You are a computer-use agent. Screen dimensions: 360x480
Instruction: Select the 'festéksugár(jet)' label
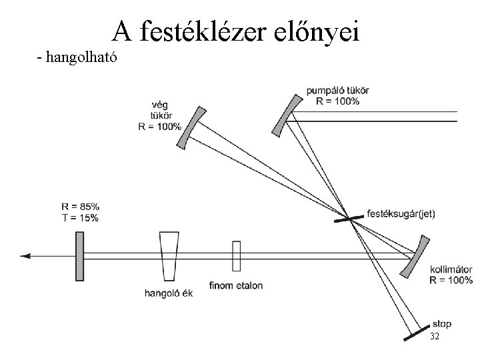(x=401, y=214)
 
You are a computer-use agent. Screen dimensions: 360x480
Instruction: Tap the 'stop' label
(x=441, y=324)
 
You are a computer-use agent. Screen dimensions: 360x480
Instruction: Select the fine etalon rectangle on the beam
(x=236, y=256)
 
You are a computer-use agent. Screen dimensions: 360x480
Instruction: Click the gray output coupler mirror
(x=79, y=256)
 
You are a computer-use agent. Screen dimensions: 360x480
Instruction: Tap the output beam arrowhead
(x=26, y=255)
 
